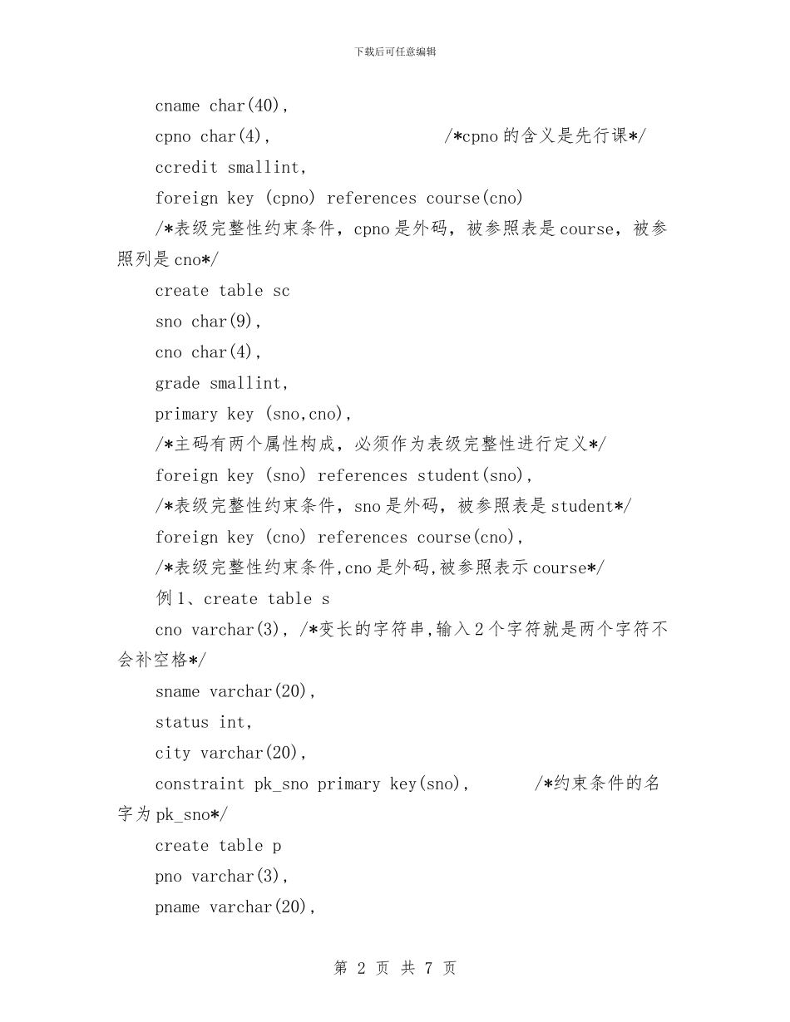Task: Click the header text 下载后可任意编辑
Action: [395, 52]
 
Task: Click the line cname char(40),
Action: [221, 106]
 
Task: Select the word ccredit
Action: [186, 168]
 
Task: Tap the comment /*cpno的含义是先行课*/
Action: [545, 137]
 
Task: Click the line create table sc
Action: [222, 291]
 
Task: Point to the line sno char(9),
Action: [208, 322]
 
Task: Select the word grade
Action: [177, 384]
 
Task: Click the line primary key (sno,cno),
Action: [253, 414]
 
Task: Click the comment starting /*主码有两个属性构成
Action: [380, 445]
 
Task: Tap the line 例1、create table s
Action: [242, 599]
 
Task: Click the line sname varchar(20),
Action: [235, 691]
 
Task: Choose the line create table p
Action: [218, 846]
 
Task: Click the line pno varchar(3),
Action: [221, 877]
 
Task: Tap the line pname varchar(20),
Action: [235, 907]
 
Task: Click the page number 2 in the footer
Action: [361, 968]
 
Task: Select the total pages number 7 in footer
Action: [428, 968]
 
